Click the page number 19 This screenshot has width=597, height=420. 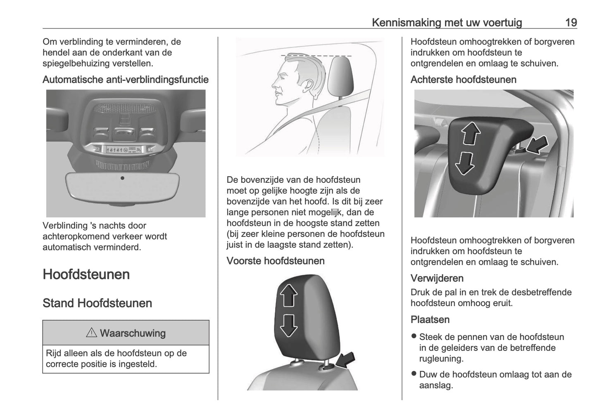coord(571,22)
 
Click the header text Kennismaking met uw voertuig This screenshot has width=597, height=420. coord(447,22)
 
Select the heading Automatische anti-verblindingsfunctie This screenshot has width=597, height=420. coord(125,79)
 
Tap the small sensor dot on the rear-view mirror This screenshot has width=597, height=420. coord(122,178)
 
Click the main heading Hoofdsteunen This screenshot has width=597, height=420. coord(86,274)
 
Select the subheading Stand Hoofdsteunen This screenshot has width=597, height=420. coord(97,303)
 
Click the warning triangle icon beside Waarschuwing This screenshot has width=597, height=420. coord(91,333)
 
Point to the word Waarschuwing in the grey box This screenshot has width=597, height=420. coord(133,333)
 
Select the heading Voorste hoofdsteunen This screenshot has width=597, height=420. coord(275,261)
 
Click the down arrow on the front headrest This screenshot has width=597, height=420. coord(289,325)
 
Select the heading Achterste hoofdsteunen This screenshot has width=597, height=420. coord(463,80)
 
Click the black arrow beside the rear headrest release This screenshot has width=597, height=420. coord(538,145)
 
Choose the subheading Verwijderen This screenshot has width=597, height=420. coord(437,278)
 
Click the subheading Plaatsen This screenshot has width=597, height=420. coord(430,319)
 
